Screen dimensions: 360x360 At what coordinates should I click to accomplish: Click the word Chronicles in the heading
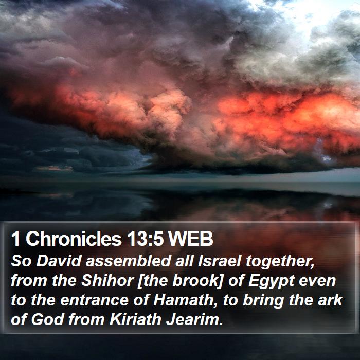click(x=74, y=239)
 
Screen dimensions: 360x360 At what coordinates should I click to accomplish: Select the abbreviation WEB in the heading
click(x=190, y=239)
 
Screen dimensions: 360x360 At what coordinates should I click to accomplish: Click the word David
click(x=59, y=261)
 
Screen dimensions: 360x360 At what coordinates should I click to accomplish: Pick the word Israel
click(x=219, y=261)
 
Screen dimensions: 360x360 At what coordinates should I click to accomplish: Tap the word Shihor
click(x=107, y=281)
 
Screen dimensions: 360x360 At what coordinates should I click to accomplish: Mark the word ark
click(x=330, y=300)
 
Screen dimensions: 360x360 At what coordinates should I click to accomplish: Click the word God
click(x=47, y=319)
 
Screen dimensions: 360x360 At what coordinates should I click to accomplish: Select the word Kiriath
click(x=135, y=319)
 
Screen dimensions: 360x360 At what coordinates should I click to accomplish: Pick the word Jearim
click(x=194, y=319)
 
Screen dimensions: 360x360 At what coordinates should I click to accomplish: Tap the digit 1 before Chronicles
click(x=15, y=239)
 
